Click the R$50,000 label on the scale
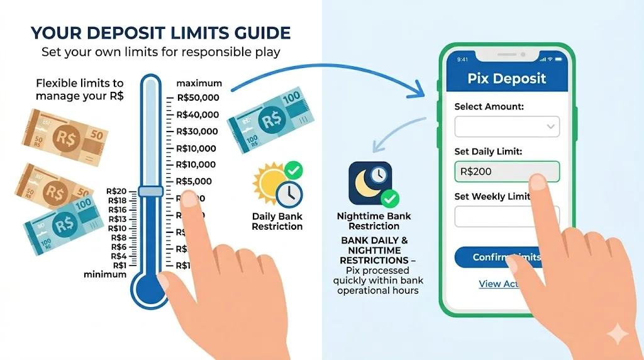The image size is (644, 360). click(x=197, y=98)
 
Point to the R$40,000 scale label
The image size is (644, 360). click(x=197, y=115)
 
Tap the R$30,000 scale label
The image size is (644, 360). click(x=197, y=132)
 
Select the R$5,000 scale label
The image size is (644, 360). click(x=195, y=181)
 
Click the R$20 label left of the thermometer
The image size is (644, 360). click(x=117, y=191)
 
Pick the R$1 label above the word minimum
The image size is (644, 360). click(x=119, y=266)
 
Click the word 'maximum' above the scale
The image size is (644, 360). click(x=199, y=83)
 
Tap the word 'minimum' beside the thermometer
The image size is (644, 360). click(x=105, y=274)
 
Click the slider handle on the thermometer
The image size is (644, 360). click(x=151, y=191)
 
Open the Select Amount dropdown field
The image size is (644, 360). click(x=506, y=127)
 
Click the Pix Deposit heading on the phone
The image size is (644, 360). click(x=507, y=79)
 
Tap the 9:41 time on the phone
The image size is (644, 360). click(x=463, y=59)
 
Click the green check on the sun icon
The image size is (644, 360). click(x=293, y=169)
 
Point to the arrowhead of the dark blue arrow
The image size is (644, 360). click(x=420, y=94)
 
